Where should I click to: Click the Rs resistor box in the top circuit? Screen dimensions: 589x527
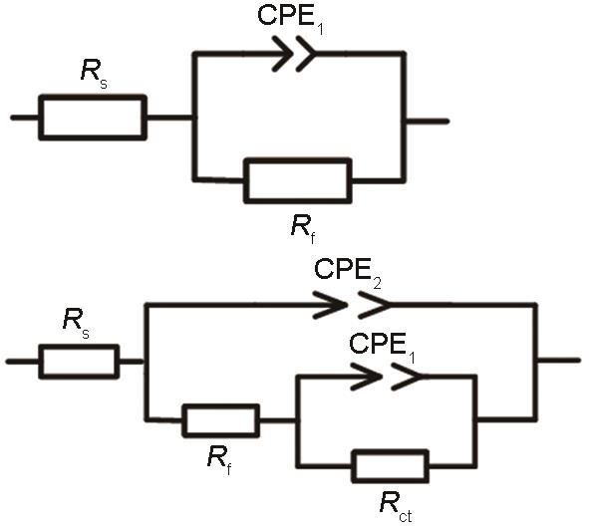[93, 118]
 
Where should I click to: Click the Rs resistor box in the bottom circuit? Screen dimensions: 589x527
[79, 362]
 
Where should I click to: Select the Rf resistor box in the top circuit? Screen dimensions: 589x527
[298, 181]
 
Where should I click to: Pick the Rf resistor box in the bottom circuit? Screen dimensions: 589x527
[221, 420]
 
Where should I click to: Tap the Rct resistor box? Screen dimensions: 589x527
[391, 466]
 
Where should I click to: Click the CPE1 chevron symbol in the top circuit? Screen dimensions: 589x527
[294, 54]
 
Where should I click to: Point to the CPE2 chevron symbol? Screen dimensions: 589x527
[352, 305]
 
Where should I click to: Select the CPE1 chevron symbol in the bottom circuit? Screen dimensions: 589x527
[386, 376]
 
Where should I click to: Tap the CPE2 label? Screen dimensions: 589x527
[348, 271]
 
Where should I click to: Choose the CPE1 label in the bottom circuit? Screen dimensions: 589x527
[382, 346]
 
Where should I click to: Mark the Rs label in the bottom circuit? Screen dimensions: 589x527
[77, 322]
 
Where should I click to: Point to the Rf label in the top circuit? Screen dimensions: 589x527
[303, 228]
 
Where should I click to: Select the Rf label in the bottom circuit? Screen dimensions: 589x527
[219, 459]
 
